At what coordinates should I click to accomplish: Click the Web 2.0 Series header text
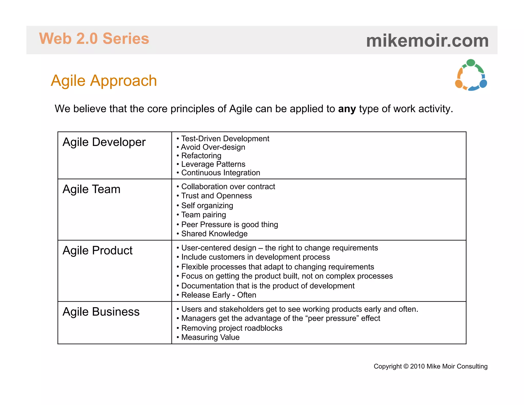click(x=94, y=39)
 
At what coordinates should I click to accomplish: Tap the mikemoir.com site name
click(x=427, y=41)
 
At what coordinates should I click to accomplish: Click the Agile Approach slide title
click(x=104, y=81)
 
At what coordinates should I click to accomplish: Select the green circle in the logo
click(x=471, y=63)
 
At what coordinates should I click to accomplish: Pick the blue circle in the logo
click(x=483, y=84)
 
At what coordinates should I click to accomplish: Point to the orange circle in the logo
click(x=459, y=84)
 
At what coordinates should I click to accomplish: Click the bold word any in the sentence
click(x=347, y=109)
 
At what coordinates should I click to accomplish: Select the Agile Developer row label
click(x=104, y=142)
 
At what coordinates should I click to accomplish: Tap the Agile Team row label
click(x=91, y=189)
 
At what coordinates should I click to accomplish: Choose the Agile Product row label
click(x=97, y=251)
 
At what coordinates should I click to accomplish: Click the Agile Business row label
click(x=101, y=312)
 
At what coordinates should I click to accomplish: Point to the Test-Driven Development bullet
click(x=225, y=139)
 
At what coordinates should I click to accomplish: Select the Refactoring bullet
click(x=201, y=156)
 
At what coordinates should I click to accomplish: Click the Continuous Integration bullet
click(x=221, y=173)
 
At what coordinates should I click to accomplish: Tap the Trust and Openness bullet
click(x=216, y=196)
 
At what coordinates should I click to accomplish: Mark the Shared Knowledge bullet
click(x=214, y=234)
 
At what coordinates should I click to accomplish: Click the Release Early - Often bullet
click(x=219, y=295)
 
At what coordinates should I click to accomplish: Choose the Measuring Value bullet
click(x=210, y=337)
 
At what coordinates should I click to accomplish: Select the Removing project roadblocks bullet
click(x=232, y=328)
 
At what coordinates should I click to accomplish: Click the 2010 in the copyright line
click(x=417, y=366)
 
